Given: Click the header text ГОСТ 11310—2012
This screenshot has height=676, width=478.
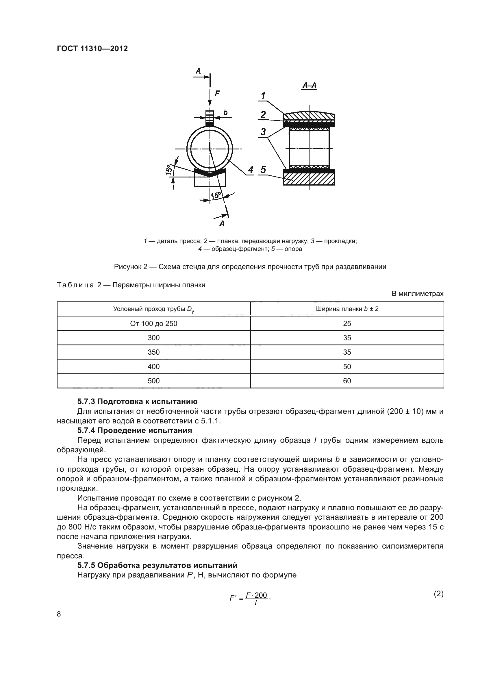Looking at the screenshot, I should pyautogui.click(x=92, y=49).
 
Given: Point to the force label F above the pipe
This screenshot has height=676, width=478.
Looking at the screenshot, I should pyautogui.click(x=217, y=94).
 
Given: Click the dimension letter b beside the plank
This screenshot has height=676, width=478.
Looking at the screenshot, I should pyautogui.click(x=225, y=112).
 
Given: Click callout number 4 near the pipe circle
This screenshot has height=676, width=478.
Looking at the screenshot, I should pyautogui.click(x=251, y=170).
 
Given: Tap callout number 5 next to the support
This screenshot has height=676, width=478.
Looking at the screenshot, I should pyautogui.click(x=263, y=170).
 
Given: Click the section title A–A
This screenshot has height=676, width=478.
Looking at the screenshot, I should pyautogui.click(x=309, y=86).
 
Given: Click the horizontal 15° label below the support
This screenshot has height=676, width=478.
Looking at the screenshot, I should pyautogui.click(x=216, y=195).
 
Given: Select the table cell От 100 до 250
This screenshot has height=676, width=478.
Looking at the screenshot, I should pyautogui.click(x=154, y=324).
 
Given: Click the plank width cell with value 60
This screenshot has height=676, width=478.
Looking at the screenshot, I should pyautogui.click(x=347, y=381).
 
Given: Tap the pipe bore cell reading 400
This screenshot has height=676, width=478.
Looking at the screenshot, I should pyautogui.click(x=154, y=366).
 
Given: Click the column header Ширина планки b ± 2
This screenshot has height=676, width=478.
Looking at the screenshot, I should pyautogui.click(x=347, y=309).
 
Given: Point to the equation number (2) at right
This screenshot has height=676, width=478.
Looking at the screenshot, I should pyautogui.click(x=439, y=594).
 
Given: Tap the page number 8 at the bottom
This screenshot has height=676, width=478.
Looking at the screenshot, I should pyautogui.click(x=59, y=614).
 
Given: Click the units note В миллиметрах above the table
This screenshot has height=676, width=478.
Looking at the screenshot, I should pyautogui.click(x=417, y=294).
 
